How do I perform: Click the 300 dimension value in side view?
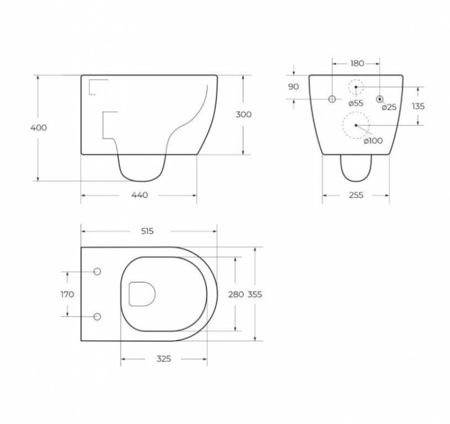coord(244,115)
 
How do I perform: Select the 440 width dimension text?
coord(139,195)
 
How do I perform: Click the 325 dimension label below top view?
coord(163,359)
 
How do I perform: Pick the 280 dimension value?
coord(236,294)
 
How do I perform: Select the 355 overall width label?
coord(254,294)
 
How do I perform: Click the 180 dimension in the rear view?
coord(356,63)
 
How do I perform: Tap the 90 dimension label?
coord(293,87)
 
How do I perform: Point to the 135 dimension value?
coord(418,106)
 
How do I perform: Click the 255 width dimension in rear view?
coord(356,195)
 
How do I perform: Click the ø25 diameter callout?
coord(389,108)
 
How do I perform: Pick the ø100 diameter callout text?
coord(373,141)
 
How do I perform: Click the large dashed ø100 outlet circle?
coord(356,125)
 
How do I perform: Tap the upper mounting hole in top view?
coord(97,272)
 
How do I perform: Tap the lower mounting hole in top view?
coord(97,316)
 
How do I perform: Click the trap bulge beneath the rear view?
coord(355,168)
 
